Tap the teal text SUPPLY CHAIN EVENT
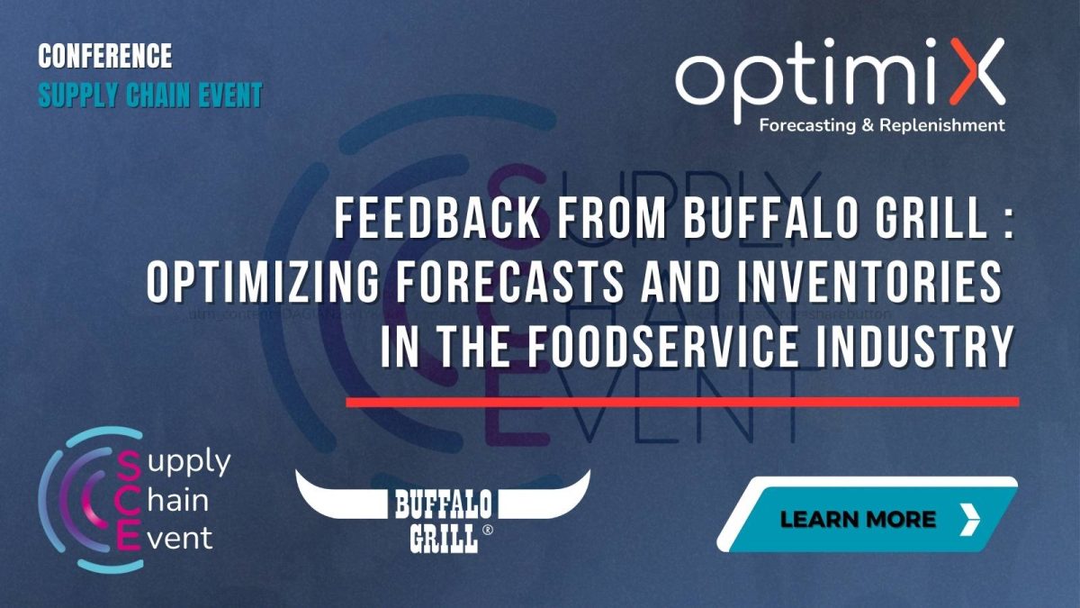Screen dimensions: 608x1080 click(x=149, y=95)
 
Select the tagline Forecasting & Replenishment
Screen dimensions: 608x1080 click(x=882, y=125)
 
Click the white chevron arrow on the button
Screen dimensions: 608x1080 click(x=969, y=519)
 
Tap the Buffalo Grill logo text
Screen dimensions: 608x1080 click(x=442, y=520)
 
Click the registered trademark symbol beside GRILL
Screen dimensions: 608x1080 click(x=488, y=531)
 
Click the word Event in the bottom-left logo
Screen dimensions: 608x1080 click(x=181, y=539)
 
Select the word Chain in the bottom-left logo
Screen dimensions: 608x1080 click(x=176, y=501)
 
